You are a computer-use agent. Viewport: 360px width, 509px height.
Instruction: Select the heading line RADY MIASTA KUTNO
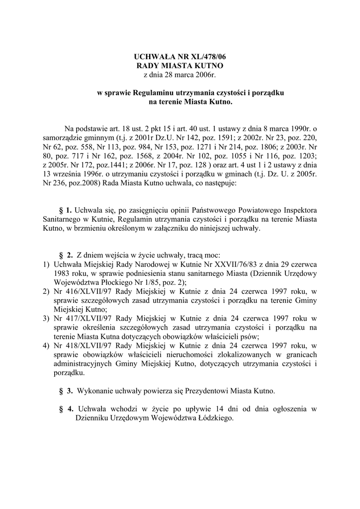coord(180,66)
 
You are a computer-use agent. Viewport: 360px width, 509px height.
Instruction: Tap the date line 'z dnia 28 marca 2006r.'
coord(180,75)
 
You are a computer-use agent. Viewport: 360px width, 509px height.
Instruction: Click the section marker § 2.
coord(66,254)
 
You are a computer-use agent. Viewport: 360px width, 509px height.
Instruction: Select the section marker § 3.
coord(66,390)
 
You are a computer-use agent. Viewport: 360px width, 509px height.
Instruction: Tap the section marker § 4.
coord(66,409)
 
